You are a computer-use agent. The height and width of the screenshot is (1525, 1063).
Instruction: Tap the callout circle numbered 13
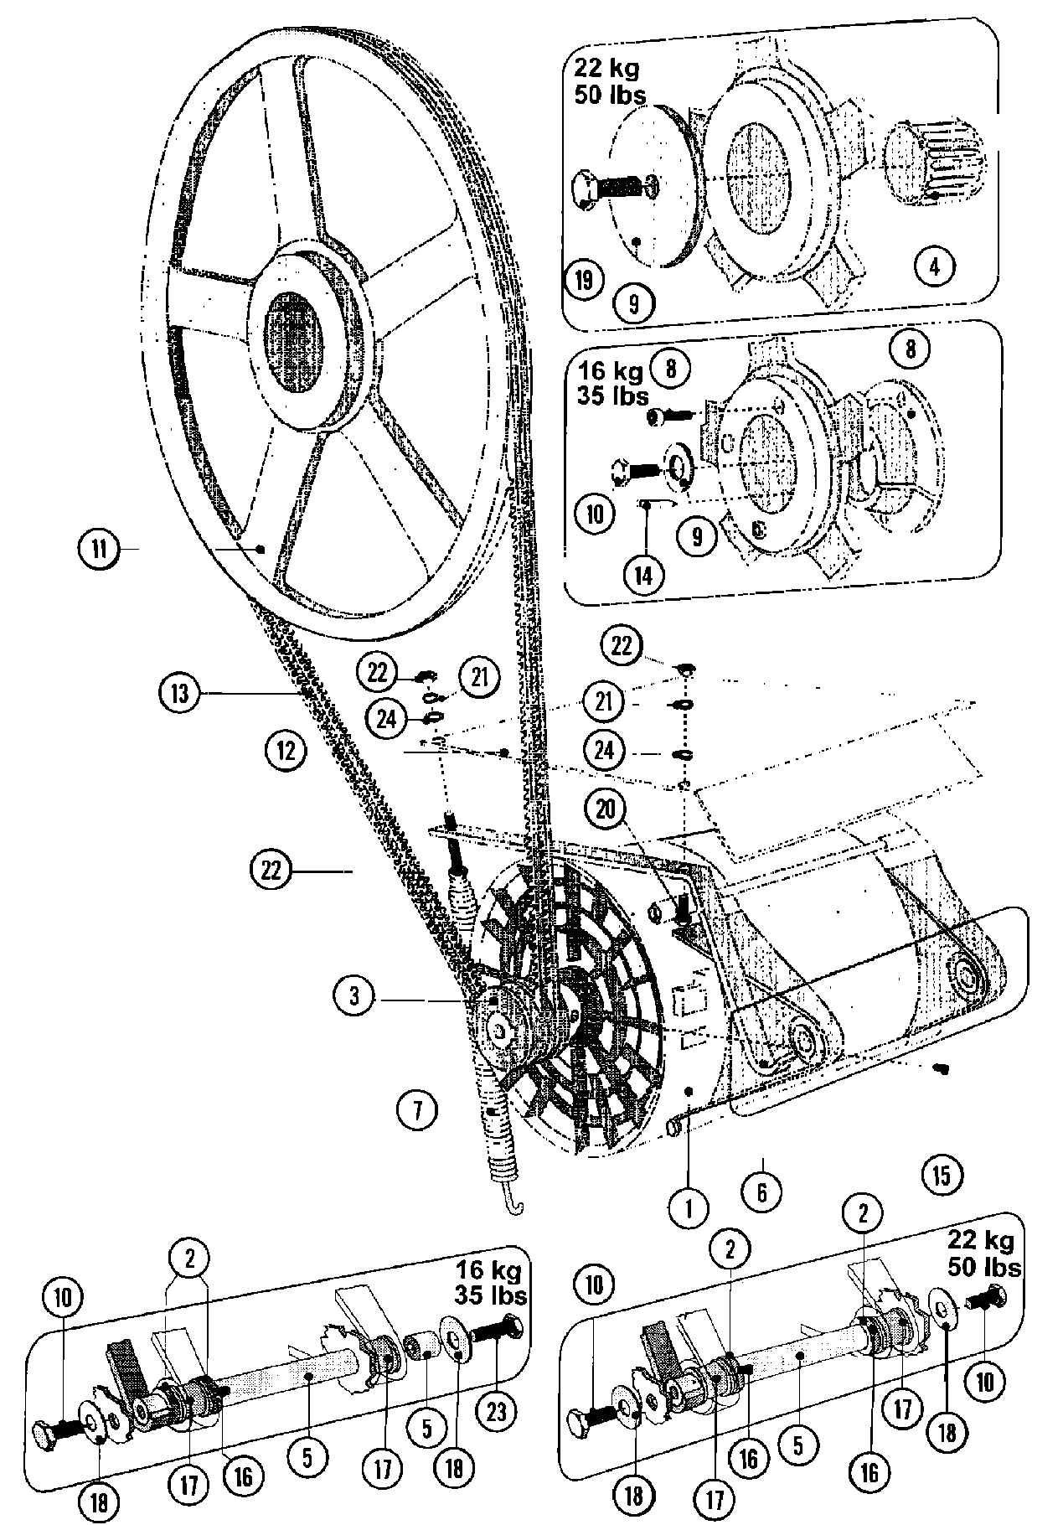click(x=178, y=694)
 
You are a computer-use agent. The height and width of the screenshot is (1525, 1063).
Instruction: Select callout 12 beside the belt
click(x=286, y=748)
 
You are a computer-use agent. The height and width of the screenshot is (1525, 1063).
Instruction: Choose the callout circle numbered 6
click(x=761, y=1191)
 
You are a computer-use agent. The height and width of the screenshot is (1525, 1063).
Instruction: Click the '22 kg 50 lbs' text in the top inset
click(x=609, y=81)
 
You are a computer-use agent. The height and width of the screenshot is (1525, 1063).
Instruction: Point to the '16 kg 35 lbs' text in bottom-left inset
click(x=491, y=1284)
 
